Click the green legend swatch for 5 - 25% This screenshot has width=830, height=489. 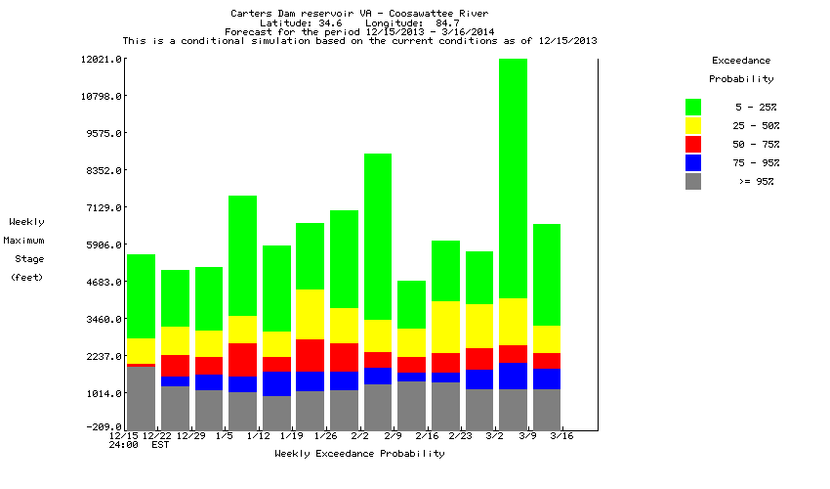(693, 107)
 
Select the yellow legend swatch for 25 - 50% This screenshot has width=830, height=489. (693, 125)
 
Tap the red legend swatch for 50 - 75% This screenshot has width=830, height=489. (693, 144)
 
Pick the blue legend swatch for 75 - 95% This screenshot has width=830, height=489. (693, 162)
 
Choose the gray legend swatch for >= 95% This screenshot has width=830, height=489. (693, 181)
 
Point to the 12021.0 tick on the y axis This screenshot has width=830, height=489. (101, 60)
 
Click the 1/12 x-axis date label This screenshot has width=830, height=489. (258, 435)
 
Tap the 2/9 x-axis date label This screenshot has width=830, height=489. (393, 435)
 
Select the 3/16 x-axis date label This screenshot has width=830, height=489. (560, 435)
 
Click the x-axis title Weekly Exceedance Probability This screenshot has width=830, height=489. (359, 454)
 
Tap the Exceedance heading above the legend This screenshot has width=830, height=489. (741, 61)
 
